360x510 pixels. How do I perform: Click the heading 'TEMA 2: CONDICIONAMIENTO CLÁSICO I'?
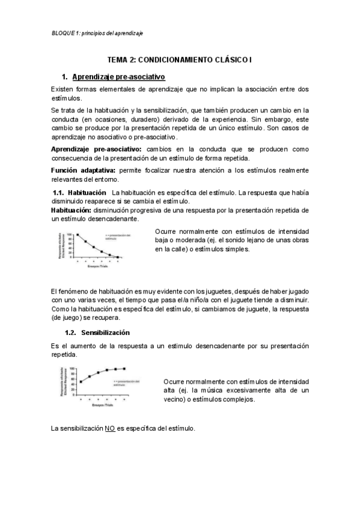coord(180,60)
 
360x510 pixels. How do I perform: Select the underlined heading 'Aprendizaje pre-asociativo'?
coord(118,77)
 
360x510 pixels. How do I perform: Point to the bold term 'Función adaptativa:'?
coord(82,171)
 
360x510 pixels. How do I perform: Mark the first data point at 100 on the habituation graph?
coord(77,235)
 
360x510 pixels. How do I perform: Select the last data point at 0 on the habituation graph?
coord(117,257)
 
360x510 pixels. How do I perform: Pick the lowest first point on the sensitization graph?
coord(81,381)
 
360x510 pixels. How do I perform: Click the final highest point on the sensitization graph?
coord(124,368)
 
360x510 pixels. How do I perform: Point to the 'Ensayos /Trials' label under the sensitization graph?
coord(102,404)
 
